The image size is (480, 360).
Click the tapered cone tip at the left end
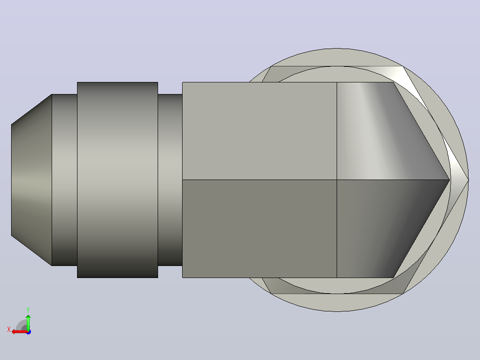point(32,180)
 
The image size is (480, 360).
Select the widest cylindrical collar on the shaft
point(118,180)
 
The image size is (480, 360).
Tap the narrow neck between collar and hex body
point(170,180)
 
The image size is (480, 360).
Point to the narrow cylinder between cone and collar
point(65,180)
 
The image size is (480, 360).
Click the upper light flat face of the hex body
point(260,131)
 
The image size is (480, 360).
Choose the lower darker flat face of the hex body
point(260,229)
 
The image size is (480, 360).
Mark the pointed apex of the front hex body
point(449,180)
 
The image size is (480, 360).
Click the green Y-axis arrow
point(28,322)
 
